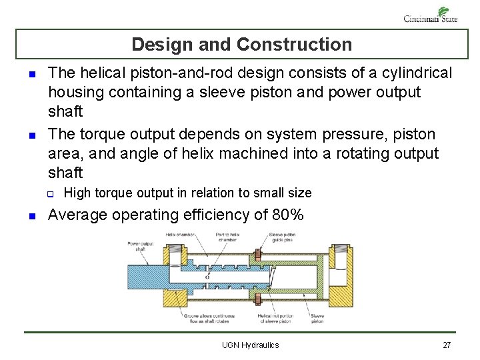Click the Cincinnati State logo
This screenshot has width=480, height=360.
pyautogui.click(x=431, y=15)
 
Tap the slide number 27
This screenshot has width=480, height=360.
pyautogui.click(x=447, y=345)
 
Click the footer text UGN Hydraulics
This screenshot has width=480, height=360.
pyautogui.click(x=251, y=345)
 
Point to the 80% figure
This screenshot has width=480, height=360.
pyautogui.click(x=288, y=215)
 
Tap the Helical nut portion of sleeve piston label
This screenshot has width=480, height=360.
pyautogui.click(x=271, y=318)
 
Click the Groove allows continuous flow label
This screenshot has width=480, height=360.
pyautogui.click(x=203, y=318)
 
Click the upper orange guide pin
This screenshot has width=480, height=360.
pyautogui.click(x=257, y=256)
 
